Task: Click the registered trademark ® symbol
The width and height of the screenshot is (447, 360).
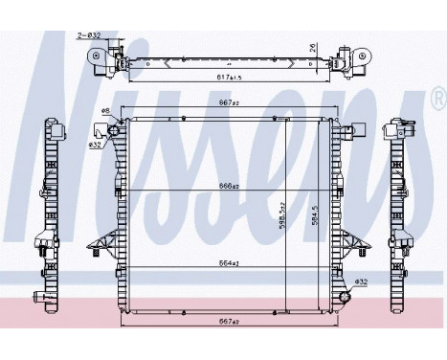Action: [x=437, y=98]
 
